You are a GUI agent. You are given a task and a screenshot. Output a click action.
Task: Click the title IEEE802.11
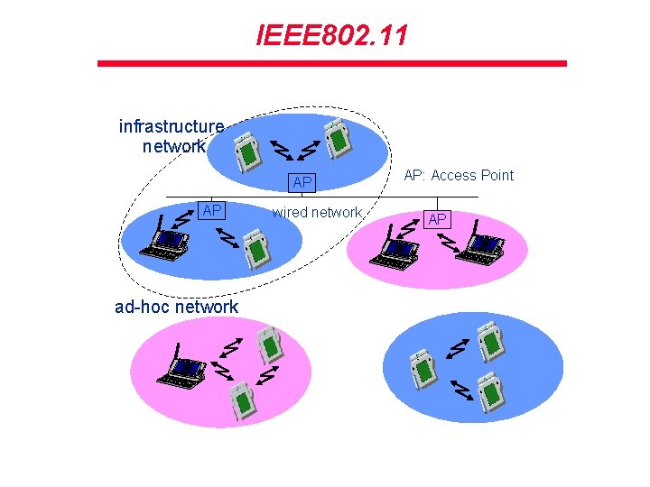[331, 36]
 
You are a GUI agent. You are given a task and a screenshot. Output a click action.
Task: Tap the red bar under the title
[331, 63]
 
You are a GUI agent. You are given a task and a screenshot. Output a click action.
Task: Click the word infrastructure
[172, 126]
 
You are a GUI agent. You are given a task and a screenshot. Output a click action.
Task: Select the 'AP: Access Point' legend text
[458, 175]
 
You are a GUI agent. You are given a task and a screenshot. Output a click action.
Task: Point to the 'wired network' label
[317, 212]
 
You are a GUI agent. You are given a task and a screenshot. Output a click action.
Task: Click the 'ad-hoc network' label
[177, 307]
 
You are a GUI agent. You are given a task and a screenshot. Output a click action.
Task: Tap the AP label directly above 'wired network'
[302, 183]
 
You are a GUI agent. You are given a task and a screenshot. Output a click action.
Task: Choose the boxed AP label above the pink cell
[437, 219]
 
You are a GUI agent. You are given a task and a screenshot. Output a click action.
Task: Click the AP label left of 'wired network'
[212, 210]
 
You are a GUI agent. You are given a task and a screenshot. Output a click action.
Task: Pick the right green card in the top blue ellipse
[338, 138]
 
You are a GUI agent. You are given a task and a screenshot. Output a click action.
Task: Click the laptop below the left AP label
[167, 242]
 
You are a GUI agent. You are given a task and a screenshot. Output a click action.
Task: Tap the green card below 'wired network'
[259, 247]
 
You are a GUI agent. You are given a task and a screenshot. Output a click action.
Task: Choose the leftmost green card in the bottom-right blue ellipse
[421, 368]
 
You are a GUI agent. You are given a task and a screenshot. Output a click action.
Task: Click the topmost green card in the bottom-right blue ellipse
[490, 342]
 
